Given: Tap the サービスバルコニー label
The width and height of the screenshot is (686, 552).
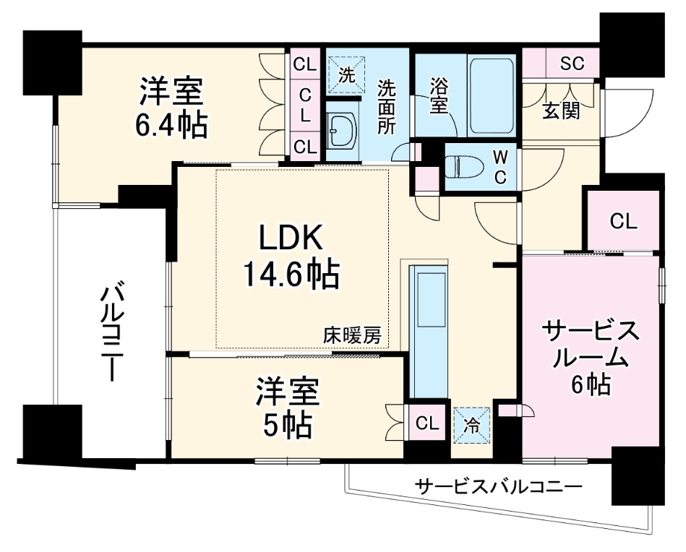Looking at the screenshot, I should (x=498, y=486).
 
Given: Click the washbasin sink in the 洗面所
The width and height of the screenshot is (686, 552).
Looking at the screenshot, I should (x=339, y=130).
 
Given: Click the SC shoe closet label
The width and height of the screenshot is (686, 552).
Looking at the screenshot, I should (x=572, y=63).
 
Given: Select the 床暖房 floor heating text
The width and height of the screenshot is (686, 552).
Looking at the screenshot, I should (x=351, y=335).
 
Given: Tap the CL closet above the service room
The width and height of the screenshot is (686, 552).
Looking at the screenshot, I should (x=623, y=222).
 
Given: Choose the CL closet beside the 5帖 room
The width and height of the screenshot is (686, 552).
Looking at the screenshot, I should (x=427, y=423).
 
